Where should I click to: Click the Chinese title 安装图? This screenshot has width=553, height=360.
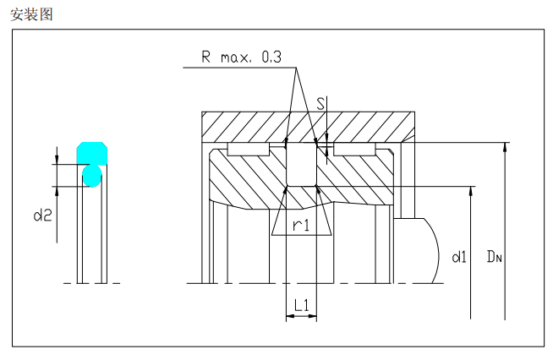[x=31, y=14]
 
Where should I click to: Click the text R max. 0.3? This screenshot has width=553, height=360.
[x=241, y=57]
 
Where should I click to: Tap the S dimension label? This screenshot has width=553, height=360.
[x=320, y=104]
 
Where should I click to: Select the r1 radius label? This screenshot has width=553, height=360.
[x=301, y=225]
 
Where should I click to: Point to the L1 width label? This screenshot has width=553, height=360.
[x=302, y=305]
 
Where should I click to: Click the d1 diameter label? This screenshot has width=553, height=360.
[x=459, y=257]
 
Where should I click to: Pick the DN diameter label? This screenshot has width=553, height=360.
[x=494, y=256]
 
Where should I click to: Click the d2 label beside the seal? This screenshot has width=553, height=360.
[x=42, y=215]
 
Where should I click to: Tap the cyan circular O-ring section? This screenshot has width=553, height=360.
[x=92, y=176]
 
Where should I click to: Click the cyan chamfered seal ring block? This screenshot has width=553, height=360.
[x=92, y=153]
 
